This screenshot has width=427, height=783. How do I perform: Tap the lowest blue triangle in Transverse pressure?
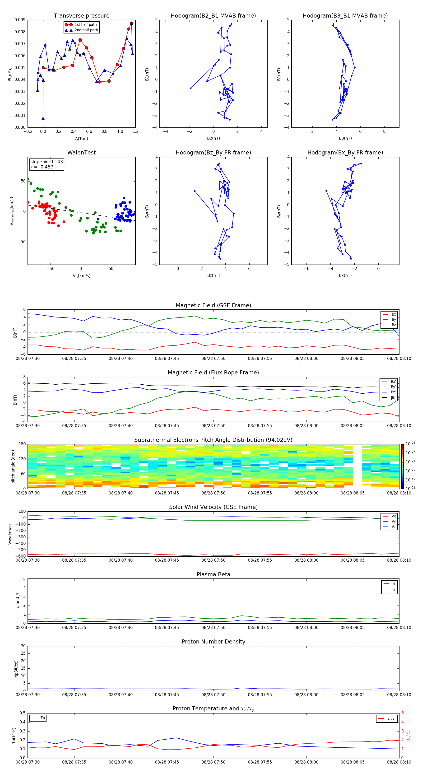click(x=43, y=118)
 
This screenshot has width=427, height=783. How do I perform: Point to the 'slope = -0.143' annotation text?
click(x=46, y=162)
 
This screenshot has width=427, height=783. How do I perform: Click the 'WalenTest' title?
click(x=81, y=153)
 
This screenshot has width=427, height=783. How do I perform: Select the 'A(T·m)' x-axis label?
click(x=81, y=139)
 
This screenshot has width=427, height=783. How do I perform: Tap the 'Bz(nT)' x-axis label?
click(x=213, y=275)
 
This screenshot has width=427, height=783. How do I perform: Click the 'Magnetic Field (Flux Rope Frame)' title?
click(x=213, y=373)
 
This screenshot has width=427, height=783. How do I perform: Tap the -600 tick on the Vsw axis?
click(x=21, y=556)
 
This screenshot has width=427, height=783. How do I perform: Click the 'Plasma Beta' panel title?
click(x=213, y=574)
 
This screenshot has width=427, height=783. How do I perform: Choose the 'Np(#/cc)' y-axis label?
click(x=16, y=669)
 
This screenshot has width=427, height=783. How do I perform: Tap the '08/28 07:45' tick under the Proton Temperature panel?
click(x=167, y=762)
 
